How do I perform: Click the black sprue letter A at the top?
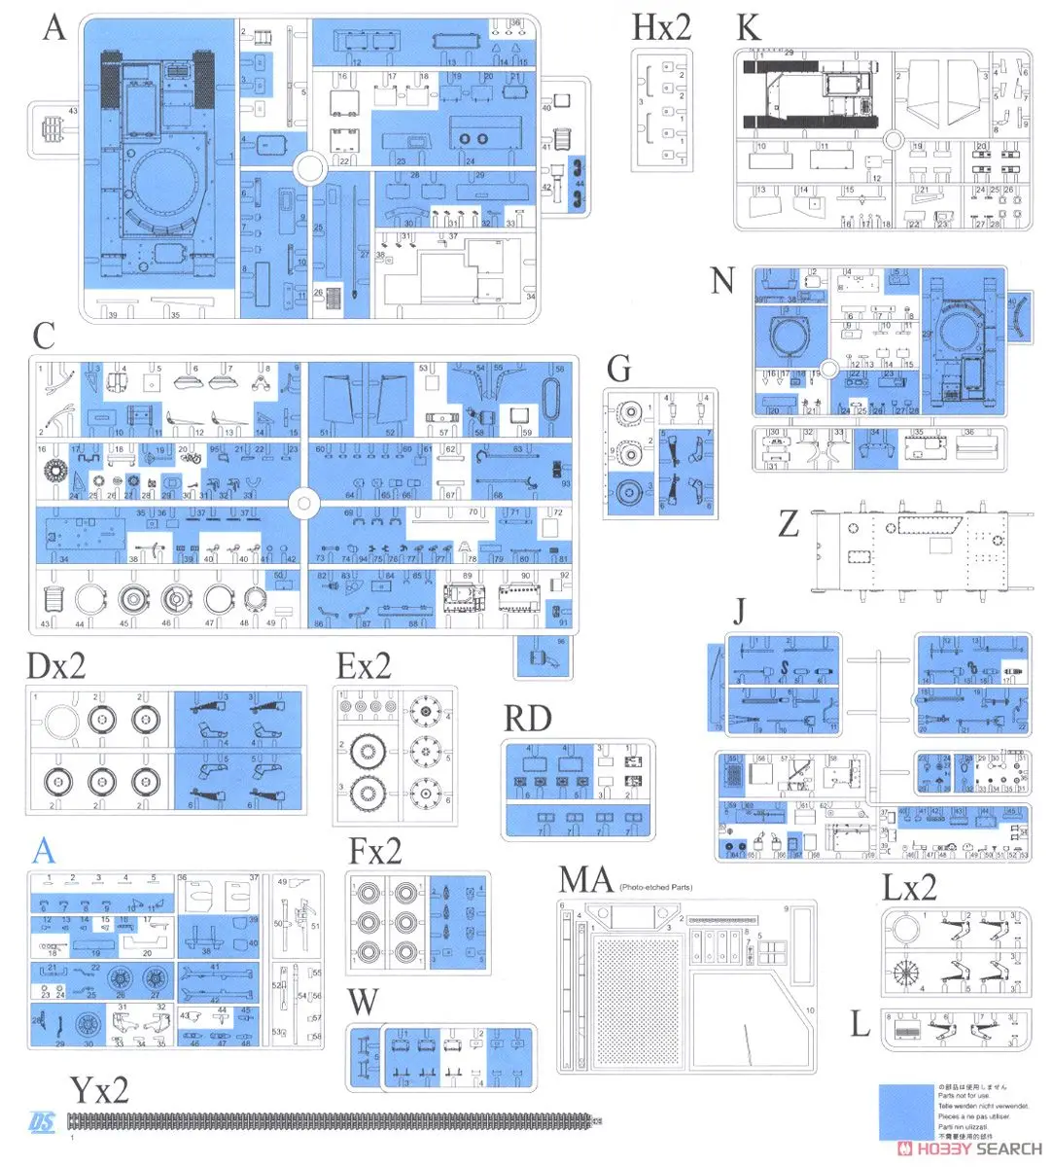point(54,27)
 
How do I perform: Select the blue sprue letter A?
point(44,851)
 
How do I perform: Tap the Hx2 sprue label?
point(661,27)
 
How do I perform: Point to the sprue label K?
point(748,27)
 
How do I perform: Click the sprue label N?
point(722,281)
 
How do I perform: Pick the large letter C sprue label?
point(43,336)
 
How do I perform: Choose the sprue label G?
point(618,370)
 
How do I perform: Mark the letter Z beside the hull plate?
point(788,524)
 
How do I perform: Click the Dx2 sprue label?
point(57,666)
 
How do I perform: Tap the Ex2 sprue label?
point(364,666)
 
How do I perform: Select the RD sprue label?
point(527,719)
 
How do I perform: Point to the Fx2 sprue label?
point(374,852)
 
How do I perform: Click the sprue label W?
point(363,1002)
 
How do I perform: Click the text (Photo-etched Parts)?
point(655,887)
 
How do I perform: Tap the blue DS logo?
point(42,1120)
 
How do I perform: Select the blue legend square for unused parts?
point(903,1113)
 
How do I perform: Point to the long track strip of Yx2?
point(335,1121)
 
